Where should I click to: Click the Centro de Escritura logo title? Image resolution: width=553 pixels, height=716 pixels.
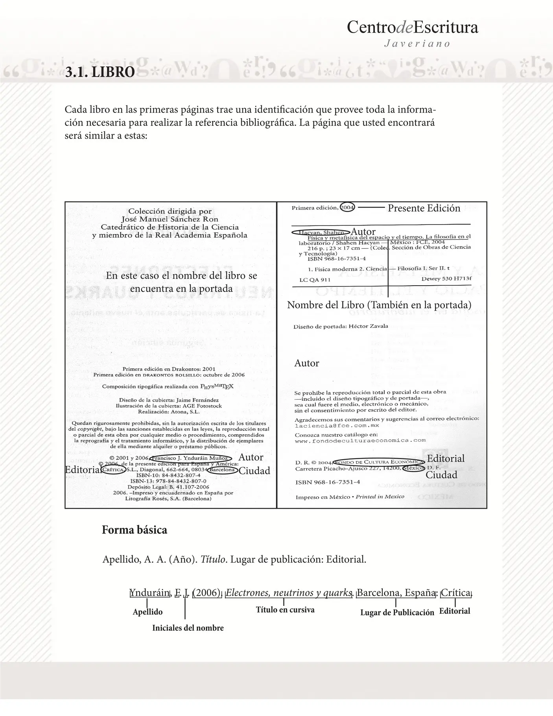[x=412, y=28]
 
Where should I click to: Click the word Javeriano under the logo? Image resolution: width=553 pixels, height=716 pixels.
[x=417, y=44]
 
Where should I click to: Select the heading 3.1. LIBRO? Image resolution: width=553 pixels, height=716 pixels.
[x=100, y=72]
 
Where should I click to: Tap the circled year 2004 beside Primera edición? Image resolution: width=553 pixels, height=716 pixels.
[x=347, y=207]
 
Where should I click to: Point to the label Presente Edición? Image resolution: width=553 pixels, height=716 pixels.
[x=424, y=208]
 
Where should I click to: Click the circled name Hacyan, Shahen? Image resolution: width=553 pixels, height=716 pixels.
[x=321, y=232]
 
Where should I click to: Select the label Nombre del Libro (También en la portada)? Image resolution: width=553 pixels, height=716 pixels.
[x=379, y=305]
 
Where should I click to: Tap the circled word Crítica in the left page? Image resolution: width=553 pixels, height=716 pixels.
[x=113, y=470]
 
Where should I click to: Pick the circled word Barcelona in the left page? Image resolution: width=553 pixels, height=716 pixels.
[x=222, y=470]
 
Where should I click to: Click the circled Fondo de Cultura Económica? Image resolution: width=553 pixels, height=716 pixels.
[x=379, y=462]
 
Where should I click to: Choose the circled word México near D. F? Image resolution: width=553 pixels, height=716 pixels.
[x=413, y=468]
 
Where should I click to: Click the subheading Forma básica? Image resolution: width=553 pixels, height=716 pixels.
[x=135, y=530]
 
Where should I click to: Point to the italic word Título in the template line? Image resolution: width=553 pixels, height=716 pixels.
[x=213, y=559]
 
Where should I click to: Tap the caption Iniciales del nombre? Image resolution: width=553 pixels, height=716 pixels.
[x=188, y=628]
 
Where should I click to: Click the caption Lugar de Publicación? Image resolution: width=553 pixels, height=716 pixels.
[x=397, y=613]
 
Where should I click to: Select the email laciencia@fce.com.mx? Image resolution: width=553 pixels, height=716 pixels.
[x=337, y=425]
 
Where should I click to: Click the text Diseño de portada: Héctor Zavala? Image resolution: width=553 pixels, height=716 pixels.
[x=341, y=326]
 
